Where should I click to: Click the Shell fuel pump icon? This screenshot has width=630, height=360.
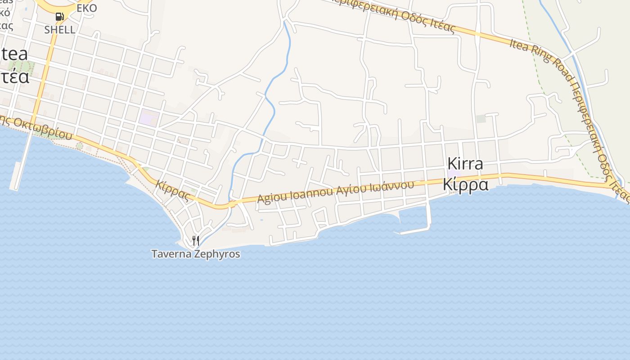[59, 17]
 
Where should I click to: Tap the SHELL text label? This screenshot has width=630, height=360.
[59, 30]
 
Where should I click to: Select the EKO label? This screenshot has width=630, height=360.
[87, 8]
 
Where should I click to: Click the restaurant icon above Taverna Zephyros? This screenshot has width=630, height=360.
[195, 241]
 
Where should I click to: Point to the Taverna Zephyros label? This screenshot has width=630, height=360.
[195, 254]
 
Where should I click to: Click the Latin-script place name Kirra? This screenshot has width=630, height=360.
[465, 164]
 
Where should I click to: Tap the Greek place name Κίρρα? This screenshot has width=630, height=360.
[465, 184]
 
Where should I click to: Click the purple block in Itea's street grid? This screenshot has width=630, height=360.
[148, 118]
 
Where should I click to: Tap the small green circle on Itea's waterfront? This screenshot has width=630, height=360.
[80, 146]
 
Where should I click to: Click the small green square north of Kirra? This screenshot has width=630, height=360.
[481, 119]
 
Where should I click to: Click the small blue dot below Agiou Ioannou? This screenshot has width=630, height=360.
[261, 220]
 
